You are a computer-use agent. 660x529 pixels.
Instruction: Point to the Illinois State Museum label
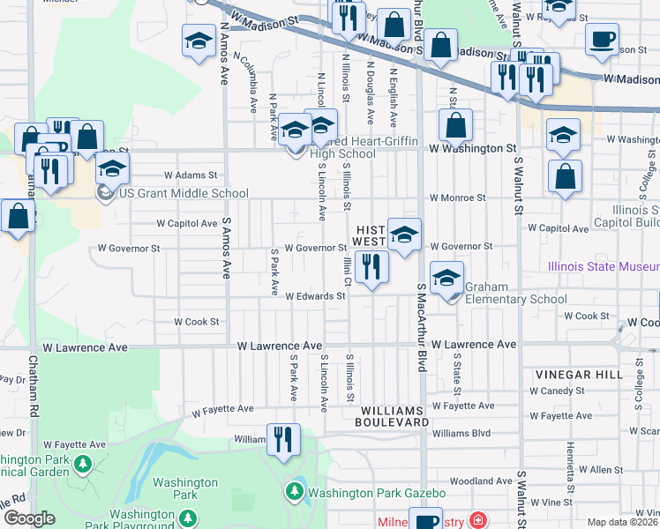(x=604, y=266)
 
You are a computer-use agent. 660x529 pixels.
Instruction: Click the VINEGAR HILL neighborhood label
(x=574, y=375)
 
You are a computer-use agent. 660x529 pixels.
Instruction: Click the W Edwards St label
(x=315, y=297)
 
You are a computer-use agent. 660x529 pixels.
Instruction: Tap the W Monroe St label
(x=457, y=198)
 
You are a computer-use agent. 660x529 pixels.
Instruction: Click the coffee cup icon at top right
(x=603, y=39)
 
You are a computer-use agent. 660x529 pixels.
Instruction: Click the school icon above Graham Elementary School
(x=447, y=277)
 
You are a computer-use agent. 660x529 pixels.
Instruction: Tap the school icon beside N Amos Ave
(x=199, y=41)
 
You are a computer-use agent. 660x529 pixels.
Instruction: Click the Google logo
(x=29, y=518)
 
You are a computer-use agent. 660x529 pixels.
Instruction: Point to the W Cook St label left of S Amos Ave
(x=196, y=322)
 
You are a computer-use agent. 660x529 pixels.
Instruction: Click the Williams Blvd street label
(x=461, y=433)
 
